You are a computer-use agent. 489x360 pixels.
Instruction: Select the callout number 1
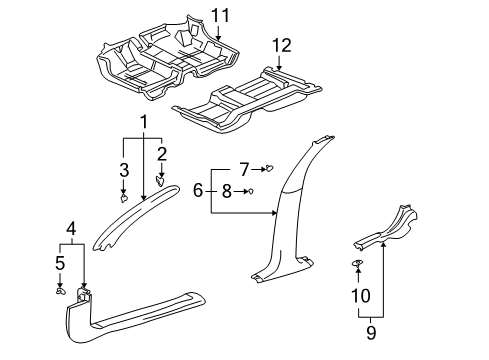tap(143, 121)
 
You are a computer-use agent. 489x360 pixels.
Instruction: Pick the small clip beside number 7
tap(268, 168)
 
